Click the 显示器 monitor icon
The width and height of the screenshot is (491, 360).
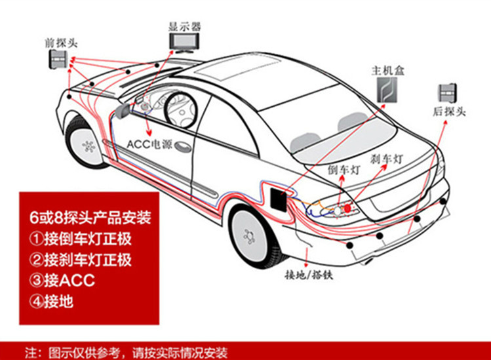point(185,43)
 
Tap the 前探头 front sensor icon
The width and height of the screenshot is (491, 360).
point(58,58)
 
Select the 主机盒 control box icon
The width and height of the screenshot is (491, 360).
point(387,90)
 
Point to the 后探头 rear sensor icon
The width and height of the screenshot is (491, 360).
point(447,92)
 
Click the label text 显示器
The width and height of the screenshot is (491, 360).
point(185,26)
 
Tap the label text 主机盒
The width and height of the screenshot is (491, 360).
point(387,71)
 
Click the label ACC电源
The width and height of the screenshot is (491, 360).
point(149,144)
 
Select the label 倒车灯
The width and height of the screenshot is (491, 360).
point(344,169)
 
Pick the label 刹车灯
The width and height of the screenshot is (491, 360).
point(386,159)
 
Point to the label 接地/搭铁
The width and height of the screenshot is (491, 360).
point(309,275)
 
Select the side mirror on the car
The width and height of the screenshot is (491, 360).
point(123,111)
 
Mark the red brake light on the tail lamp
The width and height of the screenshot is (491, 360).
point(348,208)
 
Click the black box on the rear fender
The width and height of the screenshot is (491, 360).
point(279,199)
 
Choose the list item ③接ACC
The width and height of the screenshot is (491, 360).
point(62,280)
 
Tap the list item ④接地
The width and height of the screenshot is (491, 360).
point(51,302)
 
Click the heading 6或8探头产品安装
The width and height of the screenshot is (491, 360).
point(90,218)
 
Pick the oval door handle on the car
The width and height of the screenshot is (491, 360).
point(183,146)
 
